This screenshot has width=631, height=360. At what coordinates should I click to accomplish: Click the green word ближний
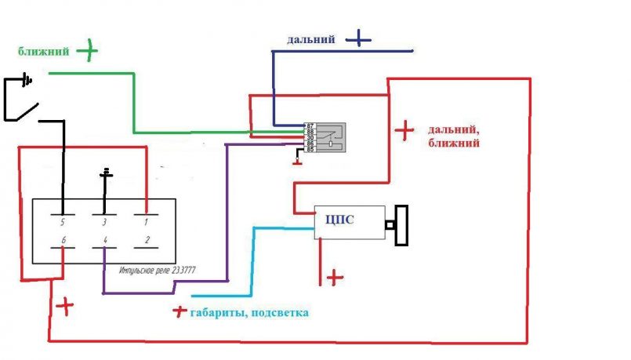point(44,52)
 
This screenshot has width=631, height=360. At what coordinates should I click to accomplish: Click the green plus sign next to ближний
point(87,52)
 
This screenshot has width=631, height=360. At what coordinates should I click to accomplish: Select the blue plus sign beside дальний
point(357,37)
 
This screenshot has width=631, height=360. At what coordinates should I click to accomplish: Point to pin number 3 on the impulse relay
point(105,222)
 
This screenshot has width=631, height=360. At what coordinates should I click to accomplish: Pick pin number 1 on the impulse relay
point(146,222)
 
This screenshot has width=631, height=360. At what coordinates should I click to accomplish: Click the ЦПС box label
point(339,220)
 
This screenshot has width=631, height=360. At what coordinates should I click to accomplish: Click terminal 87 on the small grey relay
point(310,125)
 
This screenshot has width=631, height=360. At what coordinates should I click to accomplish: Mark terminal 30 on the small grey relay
point(310,137)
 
